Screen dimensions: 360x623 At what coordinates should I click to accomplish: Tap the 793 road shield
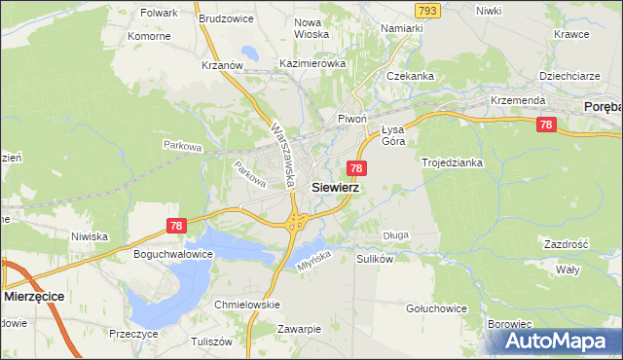coord(425,10)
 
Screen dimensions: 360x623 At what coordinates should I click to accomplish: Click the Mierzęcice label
coord(38,294)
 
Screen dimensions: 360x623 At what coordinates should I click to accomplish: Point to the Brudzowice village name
coord(225,18)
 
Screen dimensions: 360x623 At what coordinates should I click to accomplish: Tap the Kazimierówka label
coord(312,62)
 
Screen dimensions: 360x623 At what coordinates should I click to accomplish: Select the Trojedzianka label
coord(452,162)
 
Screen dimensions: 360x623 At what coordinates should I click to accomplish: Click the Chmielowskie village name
coord(246,305)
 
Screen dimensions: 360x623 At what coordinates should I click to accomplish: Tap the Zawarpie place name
coord(298,328)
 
